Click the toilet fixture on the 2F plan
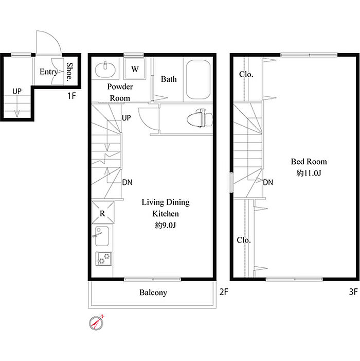[x=200, y=118]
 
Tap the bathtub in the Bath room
[x=199, y=79]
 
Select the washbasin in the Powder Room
[x=105, y=70]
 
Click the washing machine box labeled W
[x=135, y=68]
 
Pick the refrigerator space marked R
[x=103, y=213]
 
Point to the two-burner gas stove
[x=104, y=259]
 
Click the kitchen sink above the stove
[x=102, y=236]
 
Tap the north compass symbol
[x=96, y=322]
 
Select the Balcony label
[x=153, y=293]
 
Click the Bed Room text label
[x=309, y=162]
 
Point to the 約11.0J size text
[x=309, y=173]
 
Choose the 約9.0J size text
[x=165, y=225]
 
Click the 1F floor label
[x=71, y=96]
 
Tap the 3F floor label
[x=353, y=292]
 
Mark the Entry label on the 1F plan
[x=48, y=72]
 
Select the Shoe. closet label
[x=69, y=72]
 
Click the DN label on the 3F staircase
[x=268, y=182]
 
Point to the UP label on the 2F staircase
[x=126, y=118]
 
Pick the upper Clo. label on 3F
[x=246, y=74]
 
